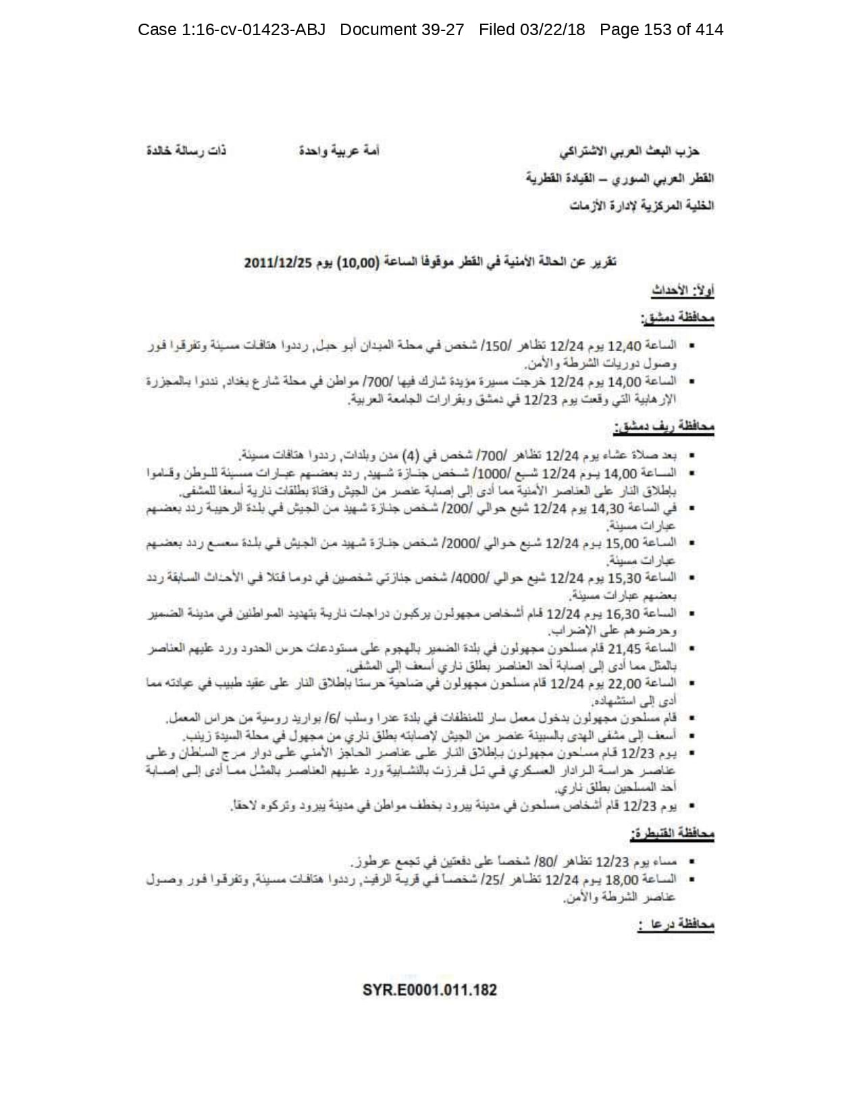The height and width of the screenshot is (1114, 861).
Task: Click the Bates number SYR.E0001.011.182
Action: (x=429, y=990)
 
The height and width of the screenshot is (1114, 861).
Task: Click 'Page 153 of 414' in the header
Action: (x=661, y=30)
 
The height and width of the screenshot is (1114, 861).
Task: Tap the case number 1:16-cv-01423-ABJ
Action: (x=232, y=30)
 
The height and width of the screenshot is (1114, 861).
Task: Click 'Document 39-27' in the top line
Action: (x=402, y=30)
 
